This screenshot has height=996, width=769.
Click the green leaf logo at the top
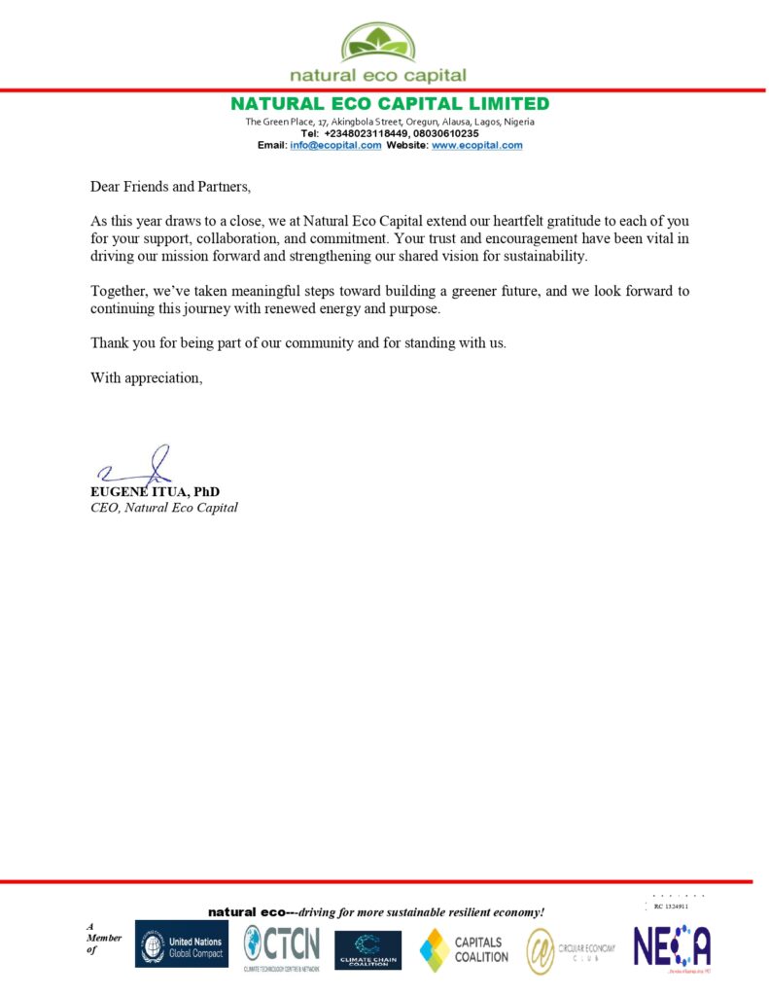(x=378, y=43)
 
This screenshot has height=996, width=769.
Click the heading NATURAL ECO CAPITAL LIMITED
(x=389, y=104)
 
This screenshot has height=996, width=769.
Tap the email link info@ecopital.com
(x=335, y=145)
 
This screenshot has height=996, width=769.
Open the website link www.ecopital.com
(x=476, y=145)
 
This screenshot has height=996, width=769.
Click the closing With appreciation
(x=147, y=377)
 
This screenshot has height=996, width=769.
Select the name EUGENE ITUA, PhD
(x=155, y=492)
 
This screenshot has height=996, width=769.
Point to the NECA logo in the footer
(x=672, y=946)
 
